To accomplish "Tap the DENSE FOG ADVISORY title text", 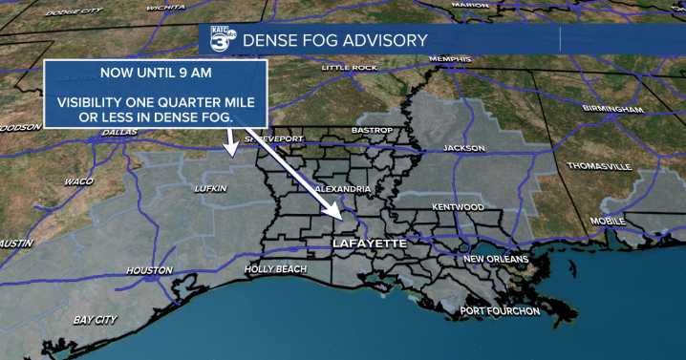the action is pyautogui.click(x=335, y=40).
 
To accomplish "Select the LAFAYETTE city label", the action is pyautogui.click(x=369, y=244).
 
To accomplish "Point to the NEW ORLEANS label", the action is pyautogui.click(x=496, y=259).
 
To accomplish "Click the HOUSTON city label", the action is pyautogui.click(x=149, y=270).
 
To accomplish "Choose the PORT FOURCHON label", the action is pyautogui.click(x=500, y=311).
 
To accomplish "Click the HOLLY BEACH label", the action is pyautogui.click(x=275, y=269).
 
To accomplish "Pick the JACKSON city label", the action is pyautogui.click(x=464, y=148).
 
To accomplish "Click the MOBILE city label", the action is pyautogui.click(x=607, y=221).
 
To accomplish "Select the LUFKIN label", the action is pyautogui.click(x=210, y=188).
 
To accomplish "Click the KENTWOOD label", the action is pyautogui.click(x=458, y=207).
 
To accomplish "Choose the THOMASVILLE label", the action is pyautogui.click(x=599, y=166).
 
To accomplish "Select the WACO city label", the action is pyautogui.click(x=78, y=181).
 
